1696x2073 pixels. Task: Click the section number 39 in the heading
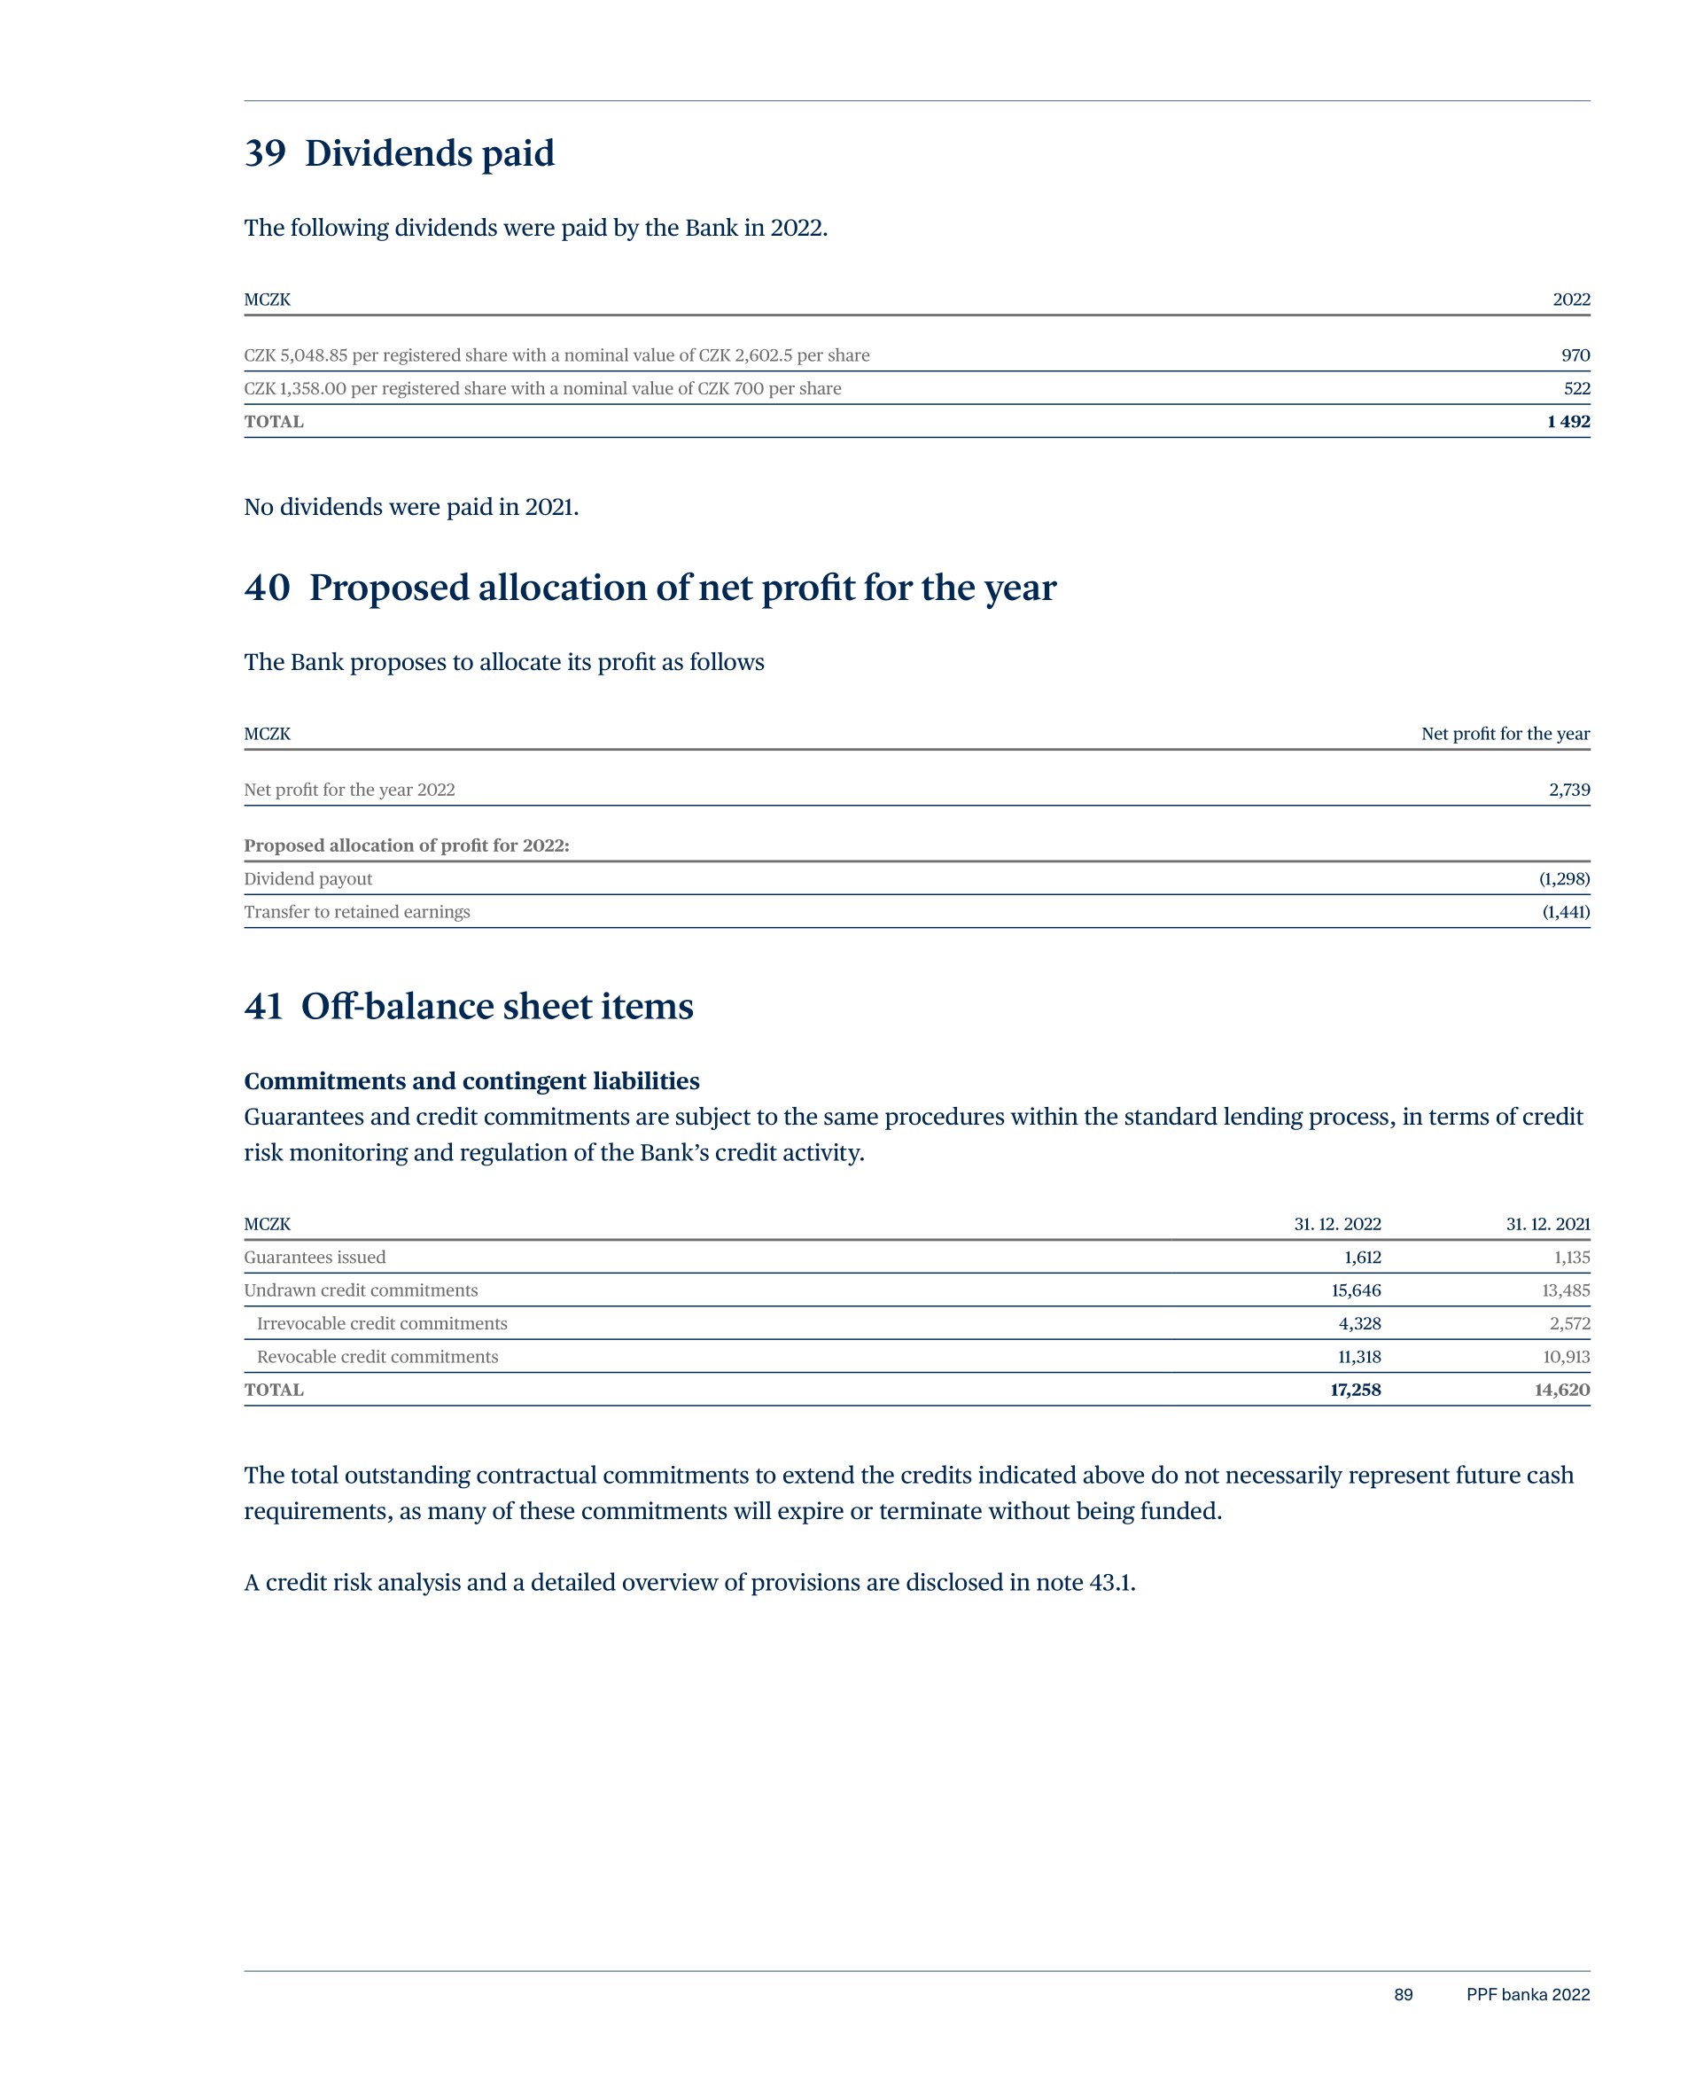[x=265, y=153]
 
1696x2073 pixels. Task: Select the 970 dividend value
[x=1575, y=355]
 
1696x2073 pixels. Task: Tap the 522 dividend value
[x=1575, y=389]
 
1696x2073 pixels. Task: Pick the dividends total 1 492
[x=1568, y=422]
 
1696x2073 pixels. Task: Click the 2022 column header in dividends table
[x=1571, y=300]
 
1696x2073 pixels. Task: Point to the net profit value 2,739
[x=1569, y=791]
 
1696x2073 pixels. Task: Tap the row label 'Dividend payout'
[x=307, y=879]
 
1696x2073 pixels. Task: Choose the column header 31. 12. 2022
[x=1337, y=1224]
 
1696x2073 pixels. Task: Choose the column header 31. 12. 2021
[x=1547, y=1224]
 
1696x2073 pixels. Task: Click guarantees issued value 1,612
[x=1362, y=1258]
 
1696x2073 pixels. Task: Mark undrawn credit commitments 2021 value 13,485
[x=1565, y=1290]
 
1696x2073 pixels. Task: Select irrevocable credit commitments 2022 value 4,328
[x=1359, y=1324]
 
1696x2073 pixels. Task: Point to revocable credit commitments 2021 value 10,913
[x=1565, y=1357]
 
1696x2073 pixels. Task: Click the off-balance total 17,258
[x=1355, y=1391]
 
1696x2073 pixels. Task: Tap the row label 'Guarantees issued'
[x=315, y=1258]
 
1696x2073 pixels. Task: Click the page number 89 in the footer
[x=1403, y=1995]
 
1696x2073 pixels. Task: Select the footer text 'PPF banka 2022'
[x=1527, y=1995]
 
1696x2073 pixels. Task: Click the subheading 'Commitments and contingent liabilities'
[x=472, y=1081]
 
